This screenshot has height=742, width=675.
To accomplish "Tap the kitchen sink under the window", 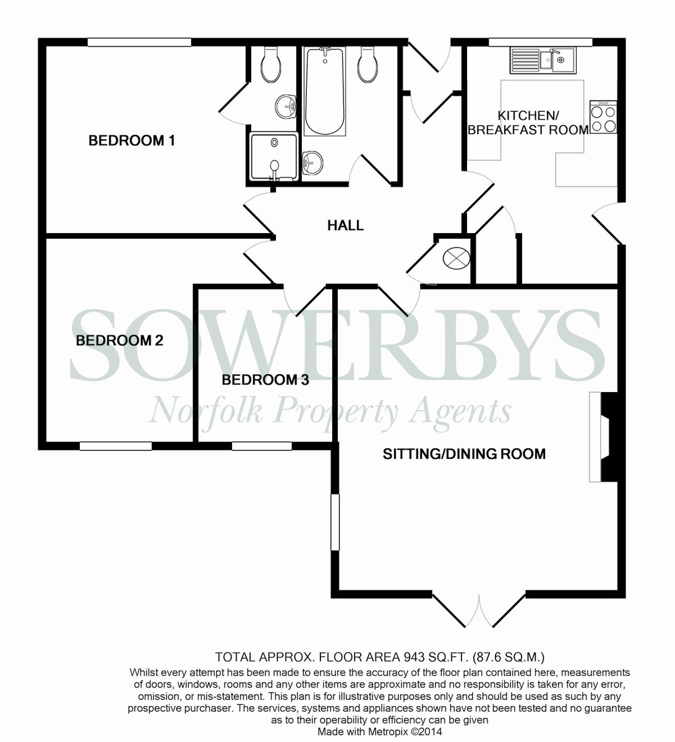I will coord(543,60).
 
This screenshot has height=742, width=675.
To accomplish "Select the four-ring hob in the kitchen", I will coord(603,117).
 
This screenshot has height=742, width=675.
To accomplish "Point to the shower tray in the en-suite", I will coord(273,156).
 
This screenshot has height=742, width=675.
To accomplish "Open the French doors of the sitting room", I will coord(479,609).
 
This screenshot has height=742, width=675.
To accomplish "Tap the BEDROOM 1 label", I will coord(132,140).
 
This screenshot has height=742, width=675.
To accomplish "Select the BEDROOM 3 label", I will coord(265,380).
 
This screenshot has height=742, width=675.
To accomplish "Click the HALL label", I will coord(345,226).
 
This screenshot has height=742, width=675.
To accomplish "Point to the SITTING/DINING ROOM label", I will coord(464,454).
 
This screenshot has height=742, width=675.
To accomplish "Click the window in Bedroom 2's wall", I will coord(116,446).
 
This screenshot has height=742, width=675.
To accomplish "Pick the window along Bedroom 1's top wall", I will coord(139,42).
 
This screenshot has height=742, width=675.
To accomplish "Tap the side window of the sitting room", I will coord(335,521).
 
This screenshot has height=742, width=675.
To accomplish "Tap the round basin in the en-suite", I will coord(286,106).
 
